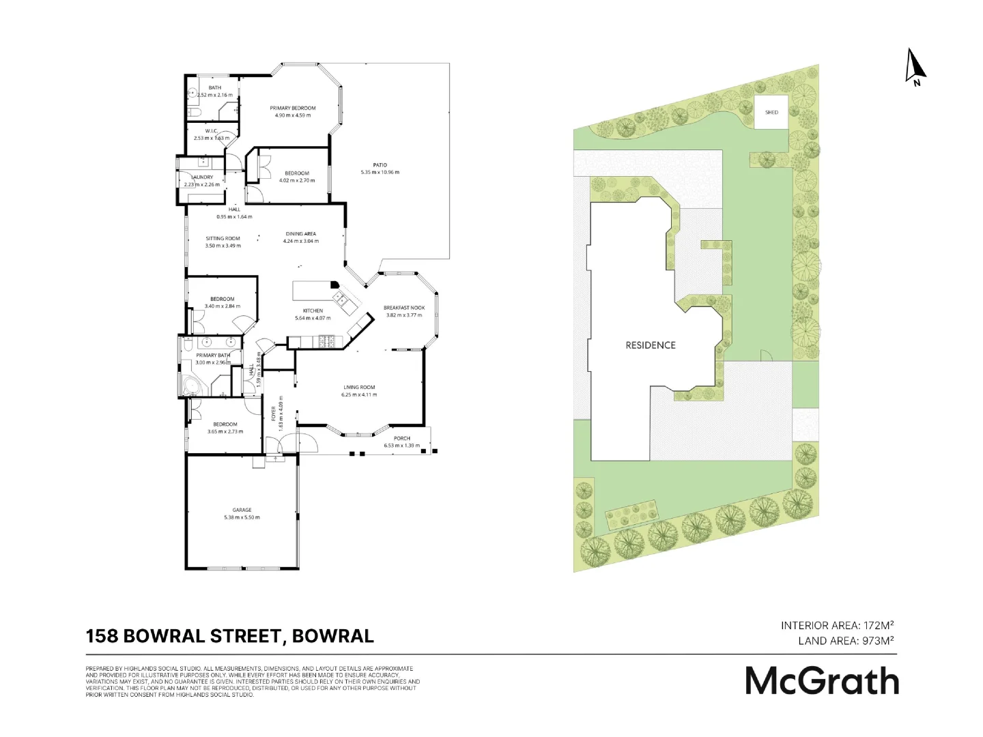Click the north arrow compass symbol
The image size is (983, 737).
[915, 67]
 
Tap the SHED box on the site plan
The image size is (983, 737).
[771, 112]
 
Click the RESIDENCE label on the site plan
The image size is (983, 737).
[650, 345]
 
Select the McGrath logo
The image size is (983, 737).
[822, 680]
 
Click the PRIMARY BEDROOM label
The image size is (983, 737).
[292, 109]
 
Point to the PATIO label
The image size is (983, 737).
[380, 165]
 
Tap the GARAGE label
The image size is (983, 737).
[242, 510]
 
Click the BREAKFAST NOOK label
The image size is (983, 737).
[404, 308]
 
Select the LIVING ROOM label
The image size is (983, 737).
[359, 388]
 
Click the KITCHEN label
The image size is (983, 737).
[313, 311]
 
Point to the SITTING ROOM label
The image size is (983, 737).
[223, 239]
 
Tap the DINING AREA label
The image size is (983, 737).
[300, 234]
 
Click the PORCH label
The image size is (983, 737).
[401, 439]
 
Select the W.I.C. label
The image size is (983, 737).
[211, 131]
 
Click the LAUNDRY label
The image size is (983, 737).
[203, 177]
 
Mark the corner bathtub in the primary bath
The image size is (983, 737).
[190, 387]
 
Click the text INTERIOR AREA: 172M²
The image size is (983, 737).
[837, 625]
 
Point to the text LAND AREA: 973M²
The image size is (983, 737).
[846, 641]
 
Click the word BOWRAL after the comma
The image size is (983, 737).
[332, 636]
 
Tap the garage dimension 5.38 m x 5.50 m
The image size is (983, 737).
[242, 517]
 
